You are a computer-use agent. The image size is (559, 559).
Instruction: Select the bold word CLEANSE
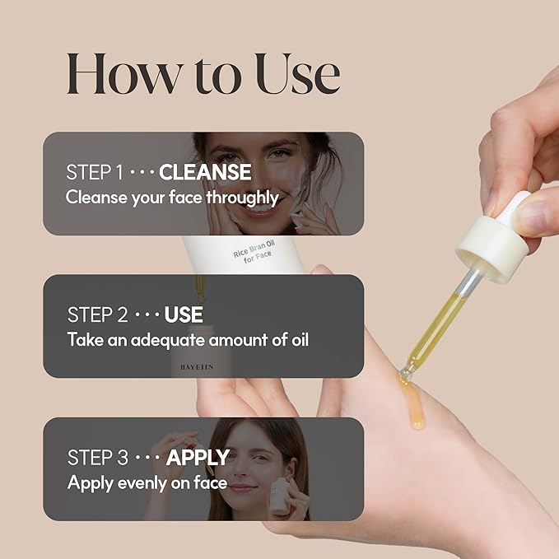coord(205,173)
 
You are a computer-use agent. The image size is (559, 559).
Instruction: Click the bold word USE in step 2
coord(184,315)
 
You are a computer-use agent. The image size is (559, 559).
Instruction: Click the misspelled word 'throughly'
coord(243,198)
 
